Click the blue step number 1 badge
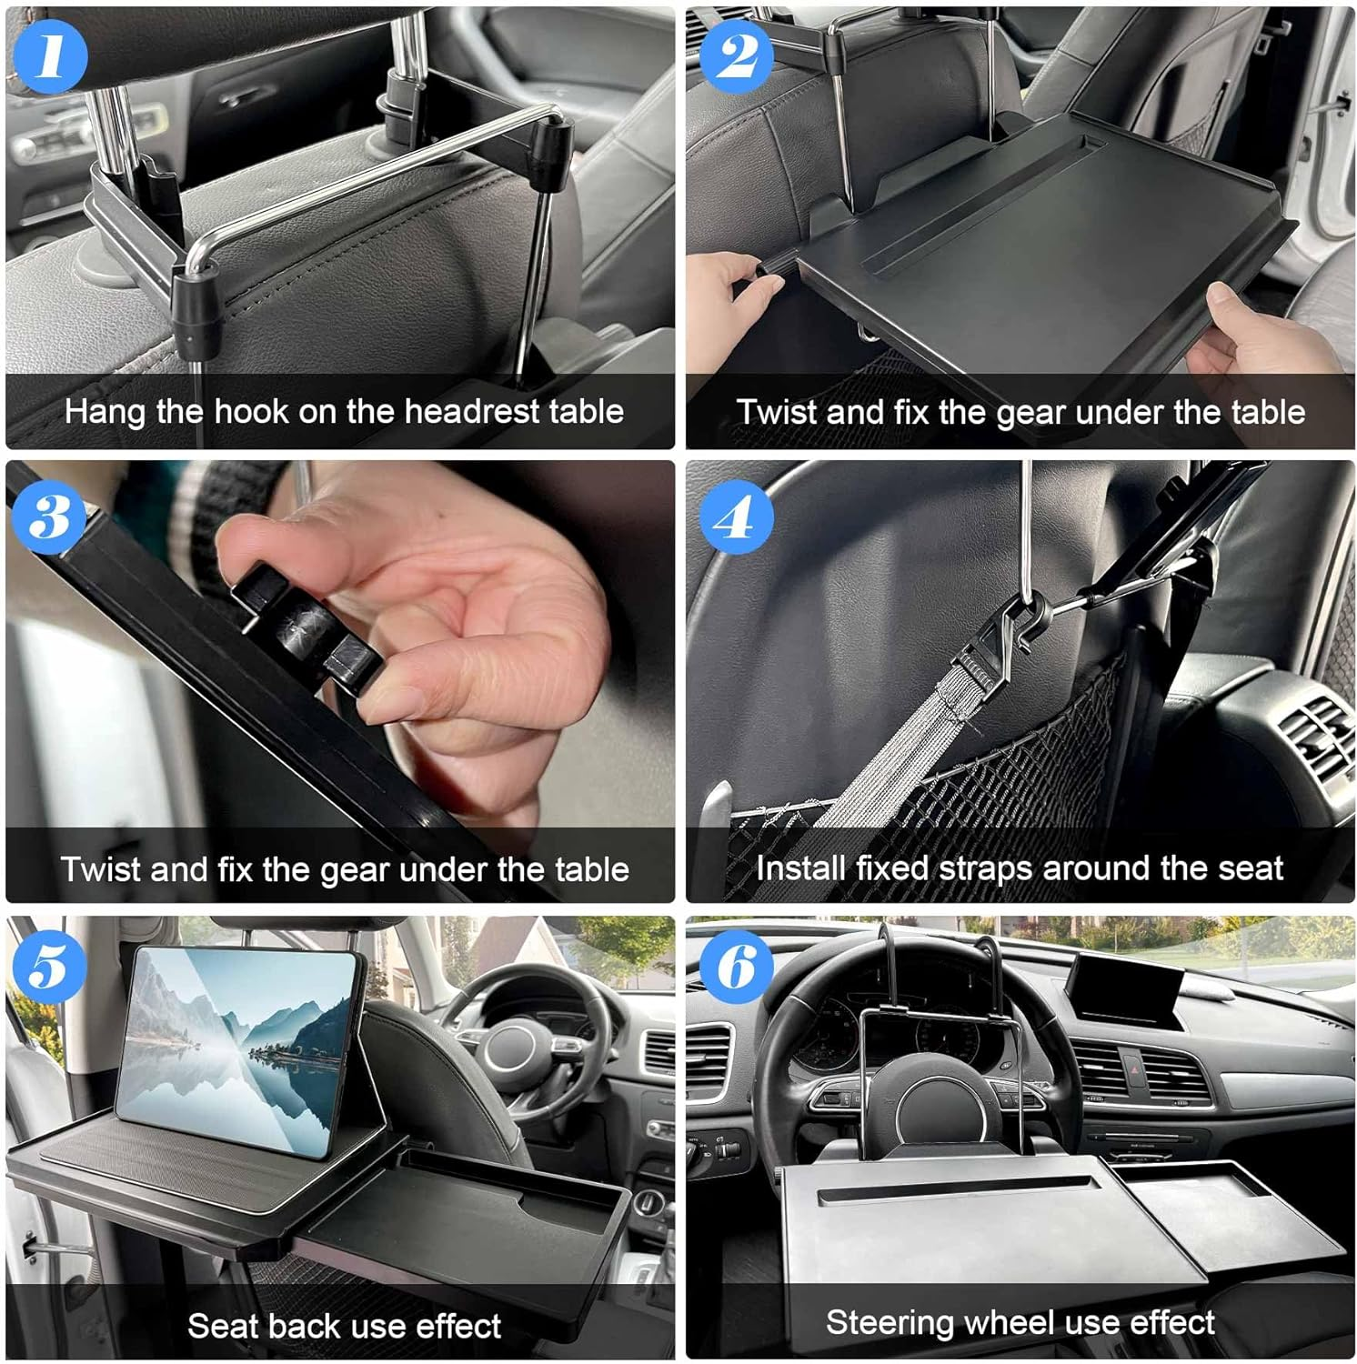tap(50, 55)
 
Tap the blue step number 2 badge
tap(737, 55)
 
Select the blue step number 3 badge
tap(50, 517)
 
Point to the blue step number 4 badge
tap(737, 517)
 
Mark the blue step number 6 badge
tap(737, 966)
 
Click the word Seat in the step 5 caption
tap(219, 1326)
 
